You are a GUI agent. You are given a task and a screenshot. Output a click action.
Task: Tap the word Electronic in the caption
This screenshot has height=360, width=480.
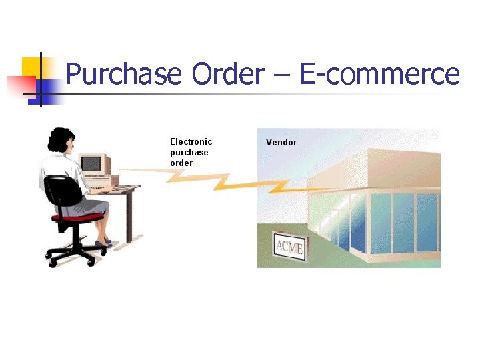coord(191,141)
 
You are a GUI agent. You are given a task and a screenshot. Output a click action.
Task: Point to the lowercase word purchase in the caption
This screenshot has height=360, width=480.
coord(189,152)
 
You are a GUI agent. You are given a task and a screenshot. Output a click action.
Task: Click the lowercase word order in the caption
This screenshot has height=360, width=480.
coord(181,163)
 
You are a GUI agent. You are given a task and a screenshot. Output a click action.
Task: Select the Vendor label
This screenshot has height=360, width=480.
coord(281,142)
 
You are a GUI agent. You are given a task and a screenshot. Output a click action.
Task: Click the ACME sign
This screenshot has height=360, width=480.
coord(289,248)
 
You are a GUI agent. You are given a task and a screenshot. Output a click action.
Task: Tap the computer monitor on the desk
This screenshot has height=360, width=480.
coord(93,163)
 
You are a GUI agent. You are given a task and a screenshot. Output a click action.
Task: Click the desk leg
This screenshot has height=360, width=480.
coord(130,213)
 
